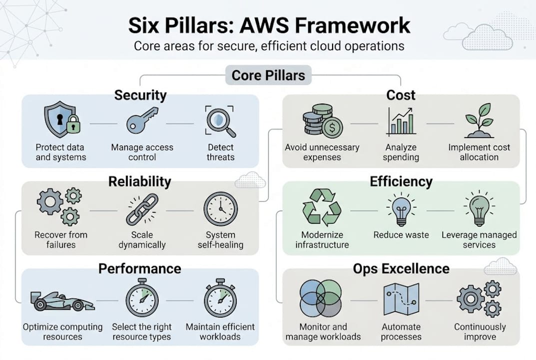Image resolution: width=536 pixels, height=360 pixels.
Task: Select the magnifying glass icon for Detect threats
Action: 220,121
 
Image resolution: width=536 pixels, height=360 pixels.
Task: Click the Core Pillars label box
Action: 268,75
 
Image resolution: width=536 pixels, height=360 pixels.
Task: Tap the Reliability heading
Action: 139,181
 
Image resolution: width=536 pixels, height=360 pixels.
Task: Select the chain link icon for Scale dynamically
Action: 142,209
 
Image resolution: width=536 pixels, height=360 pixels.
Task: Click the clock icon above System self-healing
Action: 220,209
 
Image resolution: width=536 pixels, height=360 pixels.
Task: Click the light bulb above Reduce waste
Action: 401,209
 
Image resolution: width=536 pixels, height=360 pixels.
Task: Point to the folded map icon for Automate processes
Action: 401,299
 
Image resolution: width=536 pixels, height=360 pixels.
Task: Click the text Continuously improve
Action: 480,331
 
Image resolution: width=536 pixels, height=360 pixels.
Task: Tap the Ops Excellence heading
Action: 401,268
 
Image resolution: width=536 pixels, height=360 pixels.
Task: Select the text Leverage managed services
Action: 479,239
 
